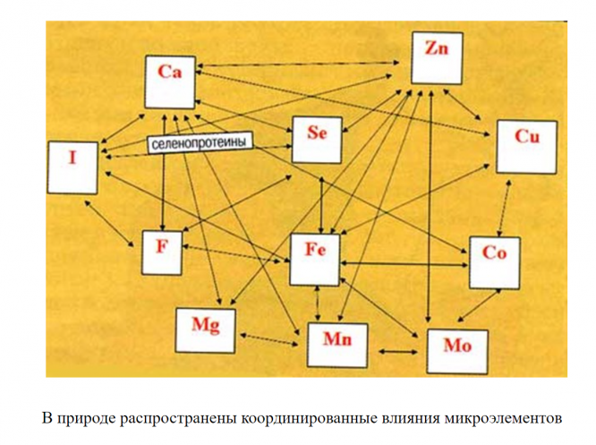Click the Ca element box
click(x=172, y=81)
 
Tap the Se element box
click(x=317, y=137)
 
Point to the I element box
click(x=74, y=167)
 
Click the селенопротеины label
click(x=199, y=142)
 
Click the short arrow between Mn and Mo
click(x=398, y=351)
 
